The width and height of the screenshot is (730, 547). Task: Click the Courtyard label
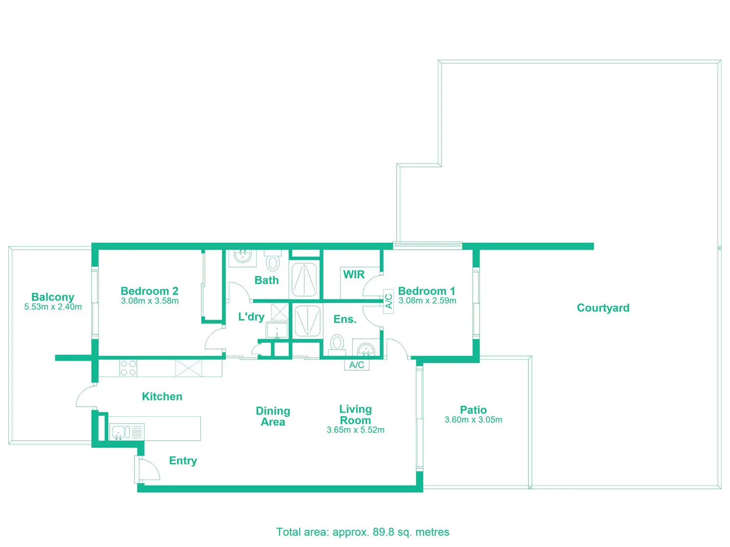(603, 308)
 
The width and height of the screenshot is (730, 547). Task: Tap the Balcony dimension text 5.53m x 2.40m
(53, 307)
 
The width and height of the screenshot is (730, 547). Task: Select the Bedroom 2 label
(149, 291)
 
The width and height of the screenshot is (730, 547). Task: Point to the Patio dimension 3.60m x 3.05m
(473, 420)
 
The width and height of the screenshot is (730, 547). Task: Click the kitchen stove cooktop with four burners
(128, 368)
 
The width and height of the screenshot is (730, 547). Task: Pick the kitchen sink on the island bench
(120, 433)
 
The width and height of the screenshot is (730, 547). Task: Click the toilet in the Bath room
(273, 262)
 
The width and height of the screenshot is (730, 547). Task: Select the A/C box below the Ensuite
(357, 365)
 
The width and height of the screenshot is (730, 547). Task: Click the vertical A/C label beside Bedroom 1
(388, 300)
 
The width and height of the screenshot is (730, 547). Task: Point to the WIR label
(354, 274)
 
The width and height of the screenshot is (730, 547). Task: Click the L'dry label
(251, 317)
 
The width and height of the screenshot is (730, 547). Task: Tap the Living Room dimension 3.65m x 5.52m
(355, 430)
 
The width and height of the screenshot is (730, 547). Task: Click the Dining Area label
(273, 416)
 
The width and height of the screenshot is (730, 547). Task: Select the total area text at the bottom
(363, 532)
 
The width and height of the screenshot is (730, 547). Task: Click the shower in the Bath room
(304, 280)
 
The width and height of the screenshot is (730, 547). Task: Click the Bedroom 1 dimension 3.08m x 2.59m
(427, 301)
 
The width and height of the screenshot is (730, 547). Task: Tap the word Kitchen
(162, 396)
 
